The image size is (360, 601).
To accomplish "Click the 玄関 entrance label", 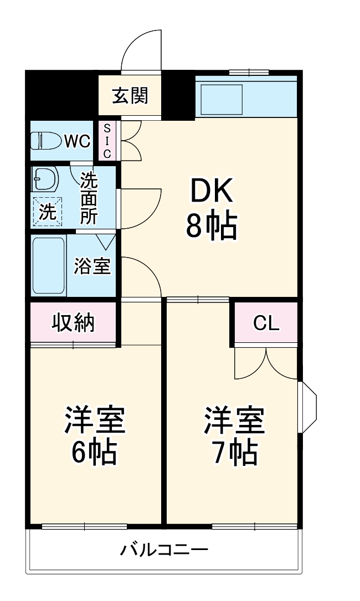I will [131, 96].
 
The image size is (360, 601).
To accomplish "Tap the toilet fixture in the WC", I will [45, 141].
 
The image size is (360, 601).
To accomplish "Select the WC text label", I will [77, 141].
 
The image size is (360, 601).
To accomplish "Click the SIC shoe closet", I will [107, 141].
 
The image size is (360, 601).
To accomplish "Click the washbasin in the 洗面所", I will [45, 179].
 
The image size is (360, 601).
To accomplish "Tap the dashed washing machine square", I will [47, 212].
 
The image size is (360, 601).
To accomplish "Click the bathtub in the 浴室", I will [49, 266].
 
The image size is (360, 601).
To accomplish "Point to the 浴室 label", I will [92, 266].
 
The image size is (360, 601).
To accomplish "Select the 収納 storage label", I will [74, 322].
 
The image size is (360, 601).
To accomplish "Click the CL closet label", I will [266, 323].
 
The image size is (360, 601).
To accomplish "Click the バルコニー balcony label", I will [164, 550].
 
